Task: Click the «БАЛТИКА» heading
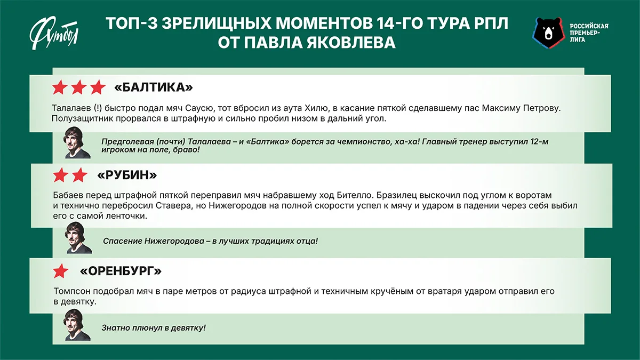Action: (x=154, y=87)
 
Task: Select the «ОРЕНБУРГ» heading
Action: (x=121, y=271)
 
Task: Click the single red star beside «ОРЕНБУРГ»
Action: (x=60, y=271)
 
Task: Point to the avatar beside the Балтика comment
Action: (x=78, y=143)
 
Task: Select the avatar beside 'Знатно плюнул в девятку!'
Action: (x=78, y=325)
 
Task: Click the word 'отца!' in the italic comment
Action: (x=306, y=241)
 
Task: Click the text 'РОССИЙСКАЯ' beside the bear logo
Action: (x=589, y=26)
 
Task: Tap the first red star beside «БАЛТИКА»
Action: (x=60, y=87)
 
